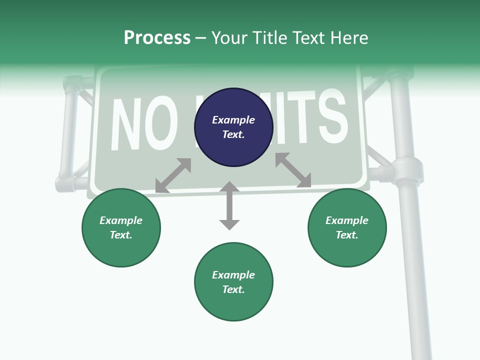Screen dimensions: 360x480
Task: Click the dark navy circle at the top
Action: [233, 127]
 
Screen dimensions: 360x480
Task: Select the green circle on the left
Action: [121, 227]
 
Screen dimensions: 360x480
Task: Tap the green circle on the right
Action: [347, 227]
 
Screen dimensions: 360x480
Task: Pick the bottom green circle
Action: [233, 282]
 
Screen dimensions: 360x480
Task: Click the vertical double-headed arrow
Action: [229, 205]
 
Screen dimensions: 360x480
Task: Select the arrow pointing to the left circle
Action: [173, 175]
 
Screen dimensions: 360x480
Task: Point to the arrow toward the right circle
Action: [293, 170]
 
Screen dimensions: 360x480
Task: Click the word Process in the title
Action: [157, 38]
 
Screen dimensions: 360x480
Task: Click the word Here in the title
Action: [348, 38]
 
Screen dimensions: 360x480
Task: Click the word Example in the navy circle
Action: [233, 120]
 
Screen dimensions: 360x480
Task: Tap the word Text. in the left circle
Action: [121, 235]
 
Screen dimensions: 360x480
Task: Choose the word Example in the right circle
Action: [347, 220]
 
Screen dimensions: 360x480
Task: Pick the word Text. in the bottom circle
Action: [233, 289]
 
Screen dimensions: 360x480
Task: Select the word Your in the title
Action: [230, 38]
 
